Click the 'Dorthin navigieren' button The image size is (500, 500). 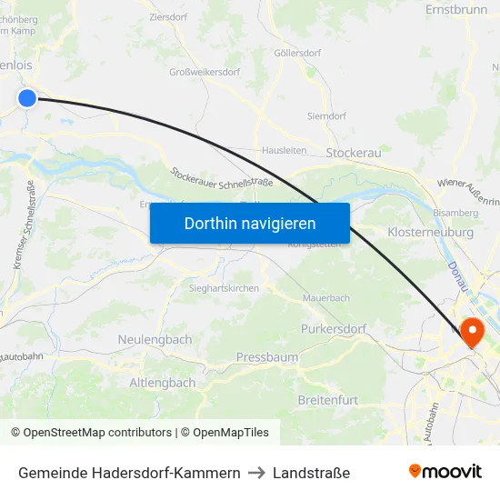pos(249,223)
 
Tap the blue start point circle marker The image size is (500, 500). pos(27,98)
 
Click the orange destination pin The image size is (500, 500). pos(472,331)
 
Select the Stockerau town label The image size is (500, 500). pos(353,153)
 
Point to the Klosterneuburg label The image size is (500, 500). pos(430,233)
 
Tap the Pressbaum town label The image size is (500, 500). pos(266,357)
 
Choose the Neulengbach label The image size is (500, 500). pos(155,339)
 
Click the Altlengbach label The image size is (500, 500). pos(163,383)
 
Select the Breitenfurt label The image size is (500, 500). pos(327,400)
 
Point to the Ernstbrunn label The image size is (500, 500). pos(456,10)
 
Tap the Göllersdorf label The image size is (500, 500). pos(297,53)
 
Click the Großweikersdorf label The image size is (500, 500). pos(205,72)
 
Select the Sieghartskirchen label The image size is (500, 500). pos(224,288)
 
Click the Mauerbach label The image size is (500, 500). pos(325,297)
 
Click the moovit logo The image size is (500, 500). pos(445,471)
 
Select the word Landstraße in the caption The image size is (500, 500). pos(312,473)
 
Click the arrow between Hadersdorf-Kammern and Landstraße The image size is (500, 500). pos(256,473)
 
